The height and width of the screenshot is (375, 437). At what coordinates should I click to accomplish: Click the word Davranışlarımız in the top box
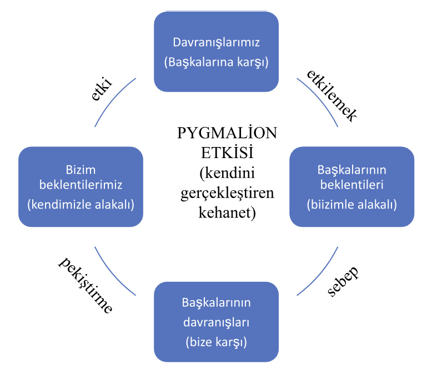216,43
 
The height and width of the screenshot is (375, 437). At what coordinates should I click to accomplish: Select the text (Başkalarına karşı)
216,62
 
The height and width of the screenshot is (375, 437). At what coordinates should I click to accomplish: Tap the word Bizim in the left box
81,170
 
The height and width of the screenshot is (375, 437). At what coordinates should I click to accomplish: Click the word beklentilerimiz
81,185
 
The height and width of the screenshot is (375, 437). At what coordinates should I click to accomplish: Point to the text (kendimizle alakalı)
81,205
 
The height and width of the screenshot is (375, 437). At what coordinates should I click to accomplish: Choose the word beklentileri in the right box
351,185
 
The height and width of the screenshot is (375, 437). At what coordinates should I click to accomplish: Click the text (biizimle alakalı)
351,205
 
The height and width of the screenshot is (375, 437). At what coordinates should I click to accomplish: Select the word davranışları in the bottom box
216,322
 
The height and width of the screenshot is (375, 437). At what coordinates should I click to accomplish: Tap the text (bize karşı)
216,342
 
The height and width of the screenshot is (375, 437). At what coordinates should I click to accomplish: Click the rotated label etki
102,89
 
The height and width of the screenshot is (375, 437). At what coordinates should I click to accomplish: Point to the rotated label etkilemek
331,95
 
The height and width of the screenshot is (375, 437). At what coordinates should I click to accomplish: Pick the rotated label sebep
343,281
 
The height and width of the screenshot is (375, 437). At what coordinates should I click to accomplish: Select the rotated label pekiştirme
86,285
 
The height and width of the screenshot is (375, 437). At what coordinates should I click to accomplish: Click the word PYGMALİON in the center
227,133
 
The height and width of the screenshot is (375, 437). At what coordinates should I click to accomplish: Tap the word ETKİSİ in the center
227,153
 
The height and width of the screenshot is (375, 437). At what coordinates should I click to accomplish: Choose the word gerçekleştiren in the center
227,193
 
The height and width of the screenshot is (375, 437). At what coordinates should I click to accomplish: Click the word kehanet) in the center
227,212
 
